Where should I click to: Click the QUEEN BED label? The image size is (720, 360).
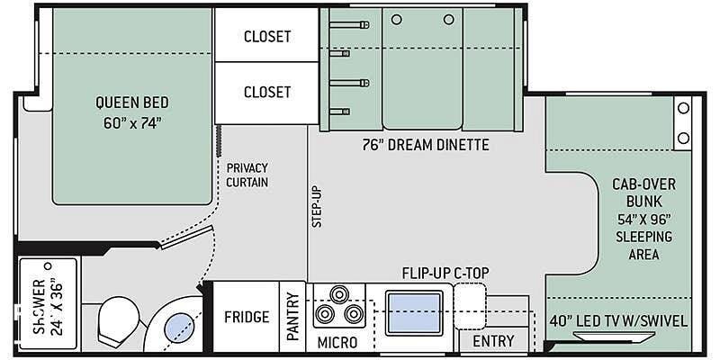(x=131, y=102)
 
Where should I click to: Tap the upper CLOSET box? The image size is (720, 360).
(x=266, y=34)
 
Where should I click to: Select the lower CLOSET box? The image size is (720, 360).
(x=266, y=93)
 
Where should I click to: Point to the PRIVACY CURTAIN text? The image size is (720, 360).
(x=247, y=175)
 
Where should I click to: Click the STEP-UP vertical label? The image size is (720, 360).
(x=318, y=206)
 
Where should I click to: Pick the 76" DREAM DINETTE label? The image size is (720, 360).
(x=425, y=145)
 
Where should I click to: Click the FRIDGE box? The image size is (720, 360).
(x=247, y=317)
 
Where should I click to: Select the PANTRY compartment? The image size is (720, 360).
(x=292, y=317)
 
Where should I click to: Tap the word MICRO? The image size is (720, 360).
(x=337, y=342)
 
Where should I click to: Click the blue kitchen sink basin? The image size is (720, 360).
(x=415, y=313)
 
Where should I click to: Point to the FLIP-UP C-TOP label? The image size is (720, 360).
(x=445, y=274)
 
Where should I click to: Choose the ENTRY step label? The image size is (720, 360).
(x=493, y=341)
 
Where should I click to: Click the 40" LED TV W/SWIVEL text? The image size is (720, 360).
(x=618, y=321)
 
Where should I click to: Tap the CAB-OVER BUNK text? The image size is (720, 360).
(x=643, y=193)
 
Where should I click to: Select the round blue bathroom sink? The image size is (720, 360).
(x=179, y=328)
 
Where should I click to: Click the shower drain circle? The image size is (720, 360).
(x=48, y=265)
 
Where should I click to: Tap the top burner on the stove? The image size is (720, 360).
(x=339, y=294)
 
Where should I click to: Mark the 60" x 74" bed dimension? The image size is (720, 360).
(x=131, y=124)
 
